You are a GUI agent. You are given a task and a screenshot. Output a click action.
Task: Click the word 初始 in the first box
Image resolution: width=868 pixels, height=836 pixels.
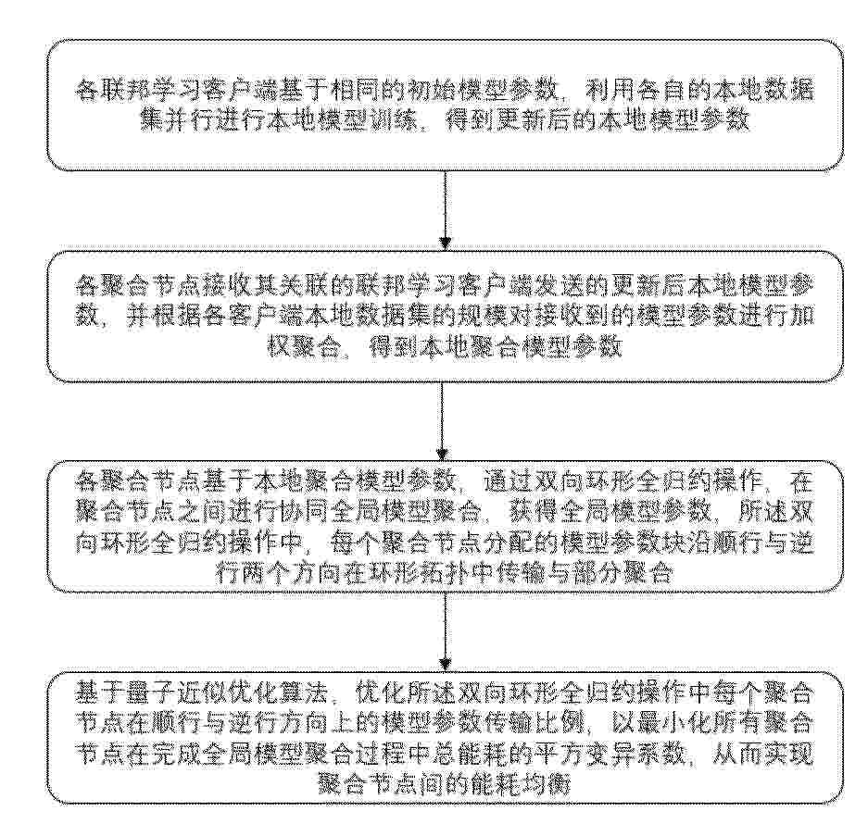click(421, 90)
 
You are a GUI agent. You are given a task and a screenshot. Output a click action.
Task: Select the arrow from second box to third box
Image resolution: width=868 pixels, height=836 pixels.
click(442, 421)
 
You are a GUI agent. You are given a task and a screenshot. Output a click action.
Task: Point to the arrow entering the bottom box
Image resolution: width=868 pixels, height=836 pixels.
click(445, 631)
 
